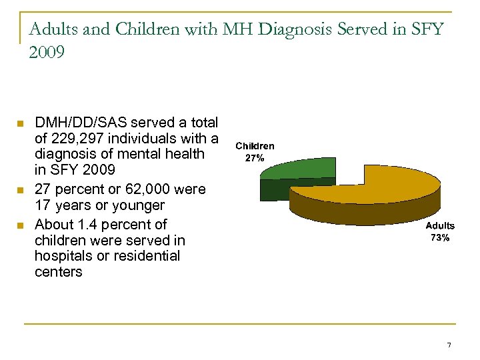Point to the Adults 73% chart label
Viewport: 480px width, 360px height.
click(x=439, y=233)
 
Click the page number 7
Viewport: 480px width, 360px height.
click(x=449, y=345)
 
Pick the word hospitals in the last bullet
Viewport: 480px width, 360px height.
click(x=65, y=256)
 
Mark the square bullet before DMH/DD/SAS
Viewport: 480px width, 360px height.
click(x=20, y=123)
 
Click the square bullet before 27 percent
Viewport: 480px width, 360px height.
click(x=20, y=190)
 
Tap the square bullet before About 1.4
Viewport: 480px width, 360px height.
click(x=20, y=224)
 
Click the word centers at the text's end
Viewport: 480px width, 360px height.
click(x=59, y=272)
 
